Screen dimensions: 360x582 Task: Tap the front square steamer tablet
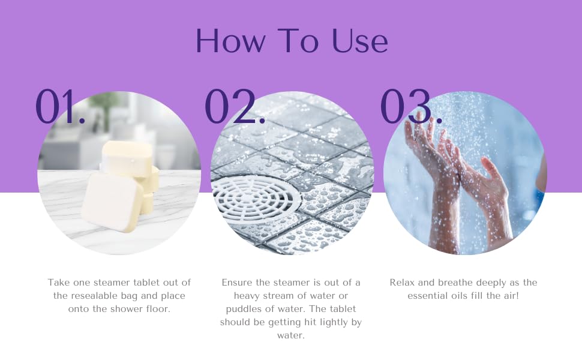(112, 202)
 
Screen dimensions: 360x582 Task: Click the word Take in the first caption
(59, 283)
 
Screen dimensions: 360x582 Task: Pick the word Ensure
(238, 283)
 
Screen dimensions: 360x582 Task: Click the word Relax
(403, 283)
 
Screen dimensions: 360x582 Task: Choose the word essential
(430, 296)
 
